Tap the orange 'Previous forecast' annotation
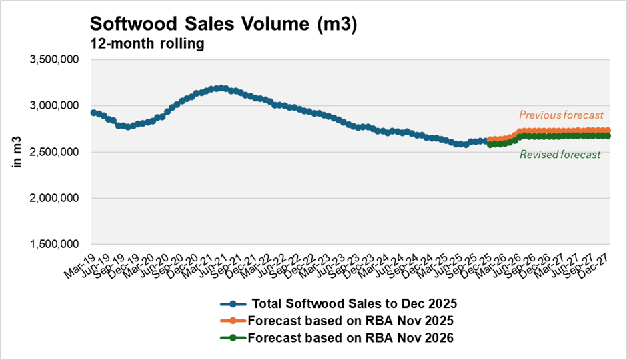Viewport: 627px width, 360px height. [x=561, y=114]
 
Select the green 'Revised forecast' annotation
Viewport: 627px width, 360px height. [x=560, y=155]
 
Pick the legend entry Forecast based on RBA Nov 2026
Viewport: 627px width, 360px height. [x=351, y=337]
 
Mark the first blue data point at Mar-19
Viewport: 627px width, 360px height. [x=93, y=113]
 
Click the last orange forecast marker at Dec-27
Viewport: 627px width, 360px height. [x=608, y=131]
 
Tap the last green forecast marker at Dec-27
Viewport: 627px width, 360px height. [x=608, y=135]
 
